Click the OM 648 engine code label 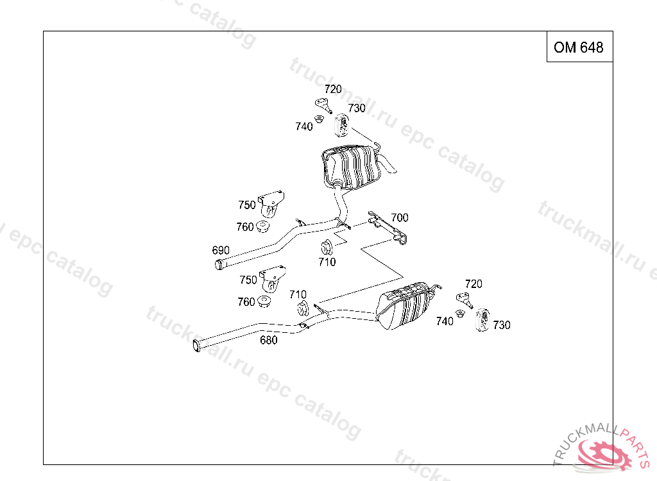578,47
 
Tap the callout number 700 399,217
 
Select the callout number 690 221,250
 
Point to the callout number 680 269,340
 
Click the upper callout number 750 247,205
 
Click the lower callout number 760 246,301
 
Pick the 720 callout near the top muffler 333,89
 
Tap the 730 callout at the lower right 502,325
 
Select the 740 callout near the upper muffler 303,126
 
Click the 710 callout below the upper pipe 327,262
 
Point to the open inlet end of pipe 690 219,265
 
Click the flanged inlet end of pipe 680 196,346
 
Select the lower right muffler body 404,306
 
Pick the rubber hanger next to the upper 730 342,125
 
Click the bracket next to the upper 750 271,204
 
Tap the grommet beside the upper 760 262,226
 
